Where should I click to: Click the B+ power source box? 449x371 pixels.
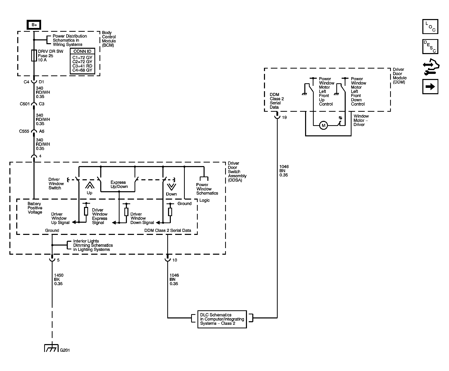pos(34,25)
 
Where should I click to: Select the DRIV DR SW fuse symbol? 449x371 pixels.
pos(34,55)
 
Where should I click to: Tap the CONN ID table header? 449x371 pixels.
pos(82,51)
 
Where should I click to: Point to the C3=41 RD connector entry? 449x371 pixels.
pos(82,66)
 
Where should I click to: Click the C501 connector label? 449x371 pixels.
pos(25,104)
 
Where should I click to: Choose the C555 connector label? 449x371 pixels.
pos(24,131)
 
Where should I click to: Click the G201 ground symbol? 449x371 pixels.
pos(52,348)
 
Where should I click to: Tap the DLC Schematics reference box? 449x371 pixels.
pos(222,319)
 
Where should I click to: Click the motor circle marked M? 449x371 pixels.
pos(323,125)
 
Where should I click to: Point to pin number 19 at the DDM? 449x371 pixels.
pos(284,118)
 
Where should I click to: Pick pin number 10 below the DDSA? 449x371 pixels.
pos(175,260)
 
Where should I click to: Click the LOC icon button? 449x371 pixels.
pos(430,26)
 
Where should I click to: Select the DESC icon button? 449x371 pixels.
pos(430,46)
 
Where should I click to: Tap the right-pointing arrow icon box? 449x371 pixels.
pos(430,87)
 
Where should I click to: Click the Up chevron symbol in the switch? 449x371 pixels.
pos(89,185)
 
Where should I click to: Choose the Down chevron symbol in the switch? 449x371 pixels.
pos(171,187)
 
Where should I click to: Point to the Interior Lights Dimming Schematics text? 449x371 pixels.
pos(93,245)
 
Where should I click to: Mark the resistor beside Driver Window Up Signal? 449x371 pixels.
pos(86,211)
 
